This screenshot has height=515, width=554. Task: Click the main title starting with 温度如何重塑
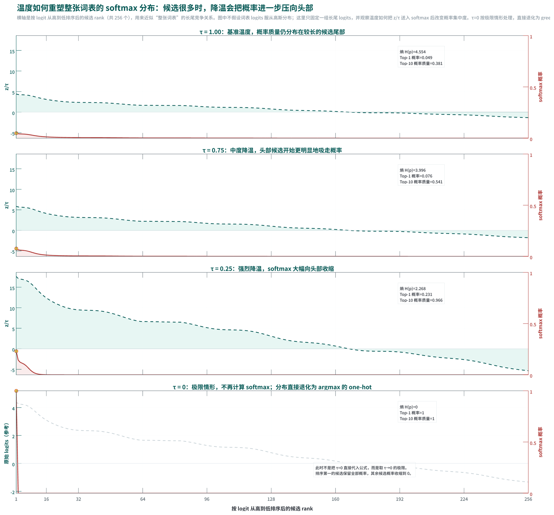point(165,8)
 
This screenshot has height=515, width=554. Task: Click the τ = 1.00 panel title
point(272,32)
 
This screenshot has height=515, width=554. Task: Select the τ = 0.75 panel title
point(272,150)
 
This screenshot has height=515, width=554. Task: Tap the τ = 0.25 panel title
point(272,269)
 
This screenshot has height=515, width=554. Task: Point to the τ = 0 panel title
point(272,387)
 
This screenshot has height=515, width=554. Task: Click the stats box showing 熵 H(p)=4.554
point(421,57)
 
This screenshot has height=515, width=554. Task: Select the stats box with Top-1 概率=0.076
point(421,175)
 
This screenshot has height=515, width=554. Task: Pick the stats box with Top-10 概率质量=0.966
point(421,294)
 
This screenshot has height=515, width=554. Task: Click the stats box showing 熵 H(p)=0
point(417,412)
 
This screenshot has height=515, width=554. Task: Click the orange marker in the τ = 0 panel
point(16,391)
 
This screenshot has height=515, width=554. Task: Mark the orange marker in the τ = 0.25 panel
point(16,351)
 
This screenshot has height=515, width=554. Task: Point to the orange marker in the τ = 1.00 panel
point(16,133)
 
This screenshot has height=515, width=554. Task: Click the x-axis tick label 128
point(271,499)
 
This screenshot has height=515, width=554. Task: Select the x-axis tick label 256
point(528,499)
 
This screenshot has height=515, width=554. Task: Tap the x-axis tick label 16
point(46,499)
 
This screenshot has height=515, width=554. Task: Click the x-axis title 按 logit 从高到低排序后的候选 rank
point(272,508)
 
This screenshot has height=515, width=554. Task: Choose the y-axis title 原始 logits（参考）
point(6,443)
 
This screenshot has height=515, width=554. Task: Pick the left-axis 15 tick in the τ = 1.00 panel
point(12,52)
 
